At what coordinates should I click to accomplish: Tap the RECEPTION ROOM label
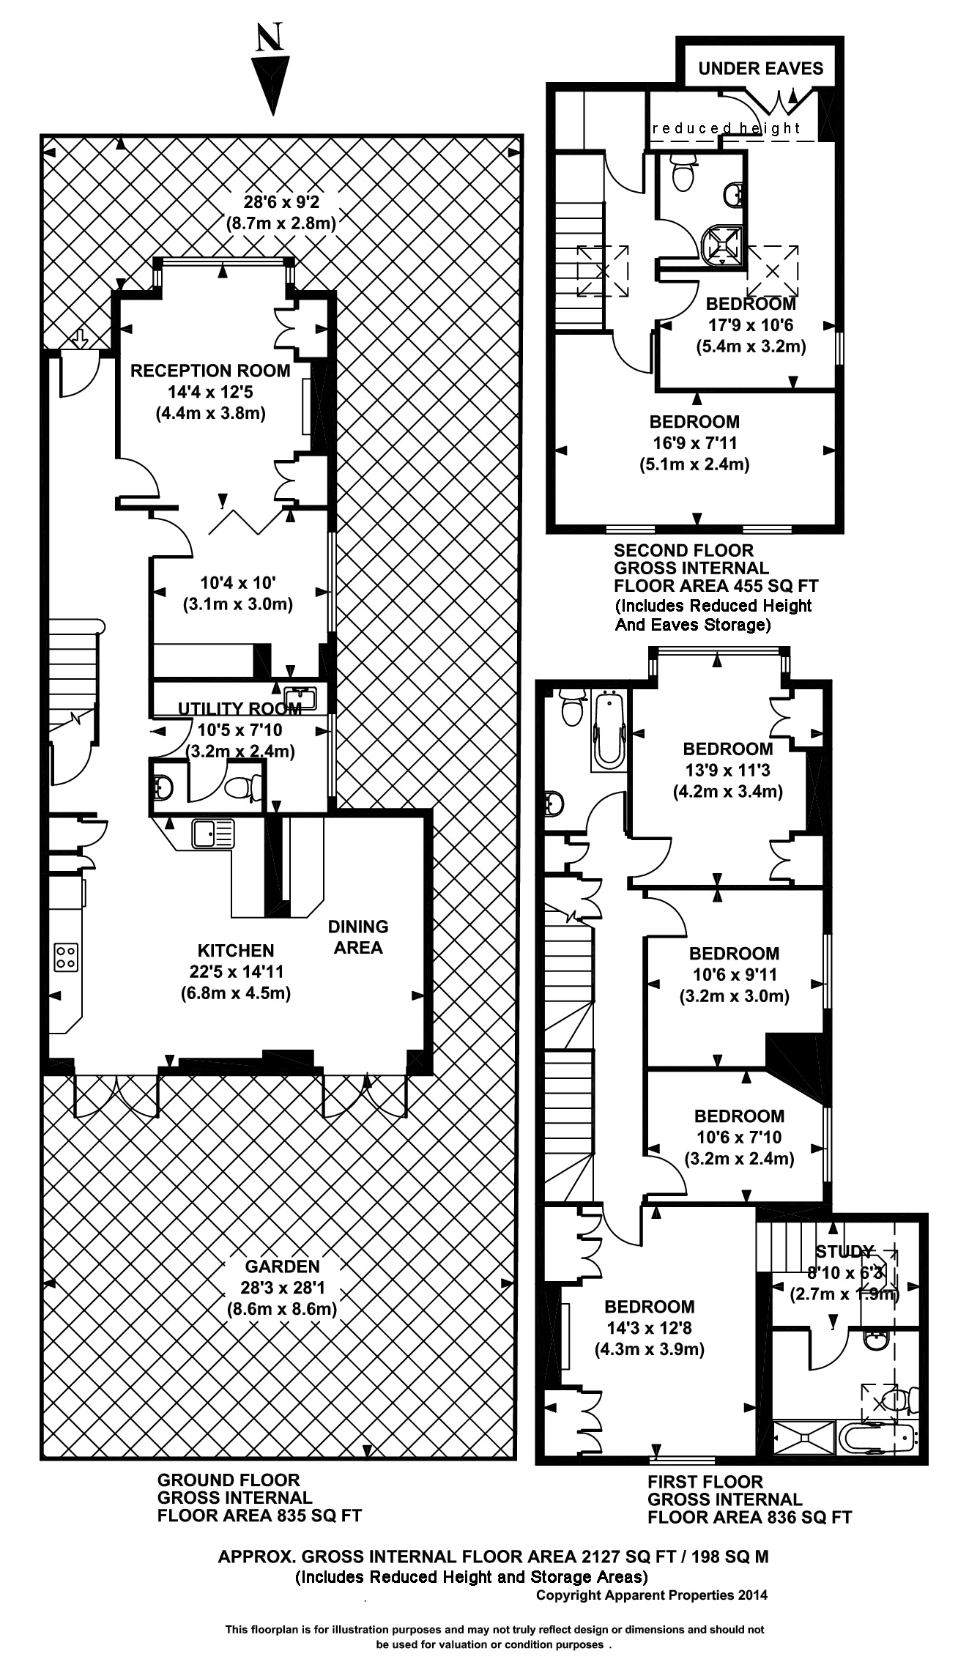coord(210,371)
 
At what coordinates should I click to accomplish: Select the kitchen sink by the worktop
coord(213,834)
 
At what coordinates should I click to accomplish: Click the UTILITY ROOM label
coord(239,708)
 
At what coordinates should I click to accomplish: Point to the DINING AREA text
coord(358,937)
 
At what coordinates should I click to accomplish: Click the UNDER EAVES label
coord(760,69)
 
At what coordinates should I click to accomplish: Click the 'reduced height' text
coord(726,129)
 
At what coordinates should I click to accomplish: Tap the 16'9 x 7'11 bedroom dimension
coord(694,443)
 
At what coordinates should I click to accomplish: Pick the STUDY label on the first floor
coord(844,1251)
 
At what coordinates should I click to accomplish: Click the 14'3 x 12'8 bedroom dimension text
coord(649,1328)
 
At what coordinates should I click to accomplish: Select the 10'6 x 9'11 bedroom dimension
coord(734,975)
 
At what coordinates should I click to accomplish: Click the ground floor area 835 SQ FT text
coord(259,1516)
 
